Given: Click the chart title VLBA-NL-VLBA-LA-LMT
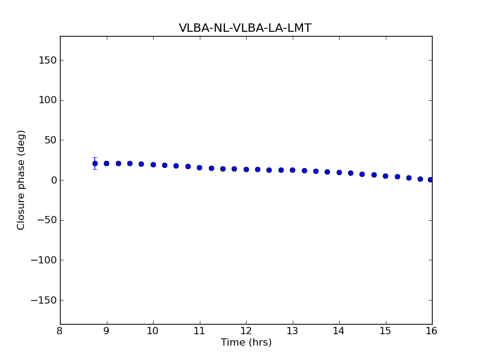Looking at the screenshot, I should (x=245, y=28).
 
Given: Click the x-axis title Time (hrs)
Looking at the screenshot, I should (x=246, y=343).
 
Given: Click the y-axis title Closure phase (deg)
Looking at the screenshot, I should (x=22, y=180).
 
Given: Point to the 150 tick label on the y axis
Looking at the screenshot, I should (x=48, y=60).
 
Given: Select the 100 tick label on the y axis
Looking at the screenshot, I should (x=48, y=100).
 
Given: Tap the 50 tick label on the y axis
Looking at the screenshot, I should (x=50, y=140).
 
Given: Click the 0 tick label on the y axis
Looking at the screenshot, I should (x=53, y=180).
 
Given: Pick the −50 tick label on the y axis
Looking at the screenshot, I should (x=47, y=220).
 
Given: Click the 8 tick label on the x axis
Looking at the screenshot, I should (x=60, y=331).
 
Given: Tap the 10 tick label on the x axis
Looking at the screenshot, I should (x=153, y=331).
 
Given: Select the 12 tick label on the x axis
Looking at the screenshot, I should (x=246, y=331).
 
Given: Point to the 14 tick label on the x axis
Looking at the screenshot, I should (x=339, y=331).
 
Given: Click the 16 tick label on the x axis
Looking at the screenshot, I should (x=432, y=331).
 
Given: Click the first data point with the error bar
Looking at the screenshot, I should (x=95, y=163).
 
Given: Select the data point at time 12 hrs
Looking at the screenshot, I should (x=246, y=169).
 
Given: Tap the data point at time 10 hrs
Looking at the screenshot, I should (x=153, y=164).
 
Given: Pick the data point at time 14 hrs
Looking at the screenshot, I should (x=339, y=172).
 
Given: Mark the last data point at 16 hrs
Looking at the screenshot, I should (x=430, y=179).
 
